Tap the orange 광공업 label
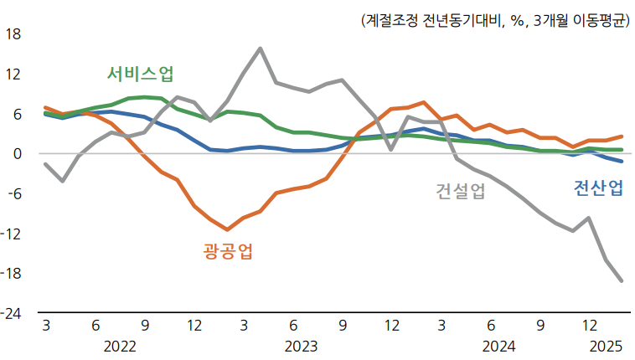(228, 250)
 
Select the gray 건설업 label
(460, 191)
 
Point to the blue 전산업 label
(597, 188)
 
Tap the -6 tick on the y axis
(14, 193)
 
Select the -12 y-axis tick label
(12, 234)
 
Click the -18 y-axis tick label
(12, 273)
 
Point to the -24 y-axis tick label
(12, 313)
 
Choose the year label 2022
(120, 346)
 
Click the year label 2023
(302, 346)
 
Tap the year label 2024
(498, 346)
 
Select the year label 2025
(606, 346)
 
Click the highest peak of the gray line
(260, 49)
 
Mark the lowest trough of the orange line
(227, 229)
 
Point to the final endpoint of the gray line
(621, 280)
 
